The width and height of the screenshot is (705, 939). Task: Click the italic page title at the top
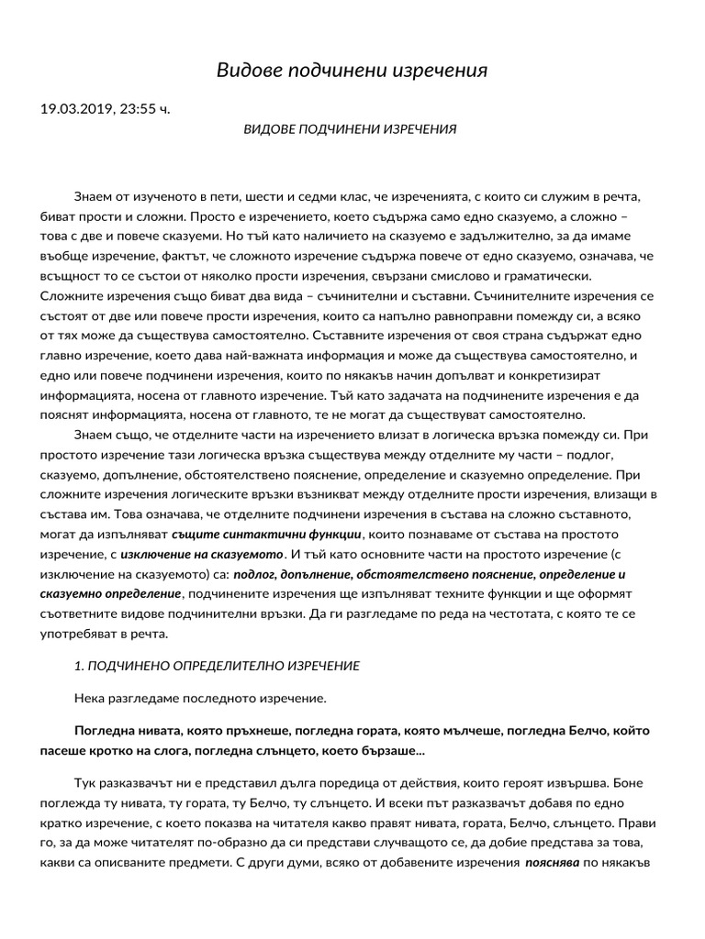click(x=352, y=71)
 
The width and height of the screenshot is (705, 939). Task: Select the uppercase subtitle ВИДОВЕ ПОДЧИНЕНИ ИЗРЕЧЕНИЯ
click(x=349, y=129)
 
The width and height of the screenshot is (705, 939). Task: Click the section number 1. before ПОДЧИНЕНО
click(x=80, y=666)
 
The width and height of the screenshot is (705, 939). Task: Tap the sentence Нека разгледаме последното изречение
click(x=200, y=699)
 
